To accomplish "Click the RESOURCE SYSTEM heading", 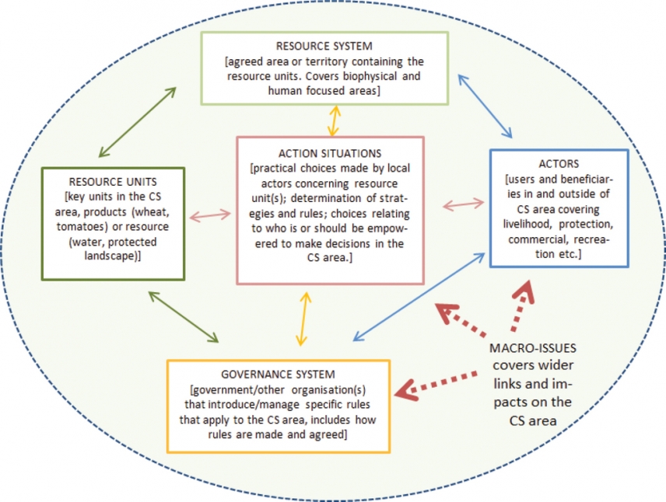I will (324, 46).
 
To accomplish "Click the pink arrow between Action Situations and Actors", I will (463, 205).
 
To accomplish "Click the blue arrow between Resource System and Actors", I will (485, 105).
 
